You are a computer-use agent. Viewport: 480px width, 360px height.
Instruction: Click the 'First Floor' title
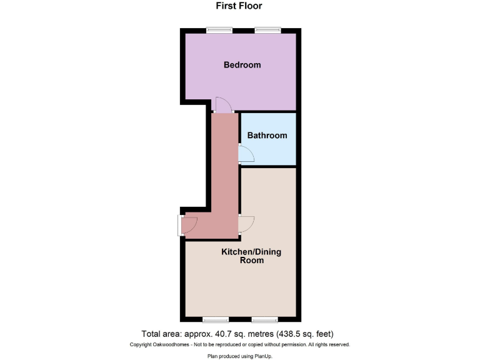(x=239, y=6)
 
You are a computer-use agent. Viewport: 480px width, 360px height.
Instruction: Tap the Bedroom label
(x=242, y=65)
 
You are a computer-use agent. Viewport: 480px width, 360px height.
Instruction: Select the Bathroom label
(x=267, y=136)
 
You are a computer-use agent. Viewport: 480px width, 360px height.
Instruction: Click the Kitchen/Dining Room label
(x=251, y=256)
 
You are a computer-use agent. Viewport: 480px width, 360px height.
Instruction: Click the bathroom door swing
(x=246, y=154)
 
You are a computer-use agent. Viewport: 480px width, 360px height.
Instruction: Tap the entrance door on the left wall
(x=187, y=225)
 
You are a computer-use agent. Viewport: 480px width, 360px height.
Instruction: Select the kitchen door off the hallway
(x=246, y=224)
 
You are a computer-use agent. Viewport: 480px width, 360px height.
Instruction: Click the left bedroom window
(x=219, y=29)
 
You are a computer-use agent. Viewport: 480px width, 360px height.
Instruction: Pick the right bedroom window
(x=267, y=29)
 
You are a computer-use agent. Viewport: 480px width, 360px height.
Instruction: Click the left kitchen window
(x=216, y=319)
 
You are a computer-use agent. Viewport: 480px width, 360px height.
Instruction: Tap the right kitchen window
(x=264, y=319)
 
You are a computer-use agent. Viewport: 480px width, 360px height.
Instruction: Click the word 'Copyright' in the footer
(x=142, y=345)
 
